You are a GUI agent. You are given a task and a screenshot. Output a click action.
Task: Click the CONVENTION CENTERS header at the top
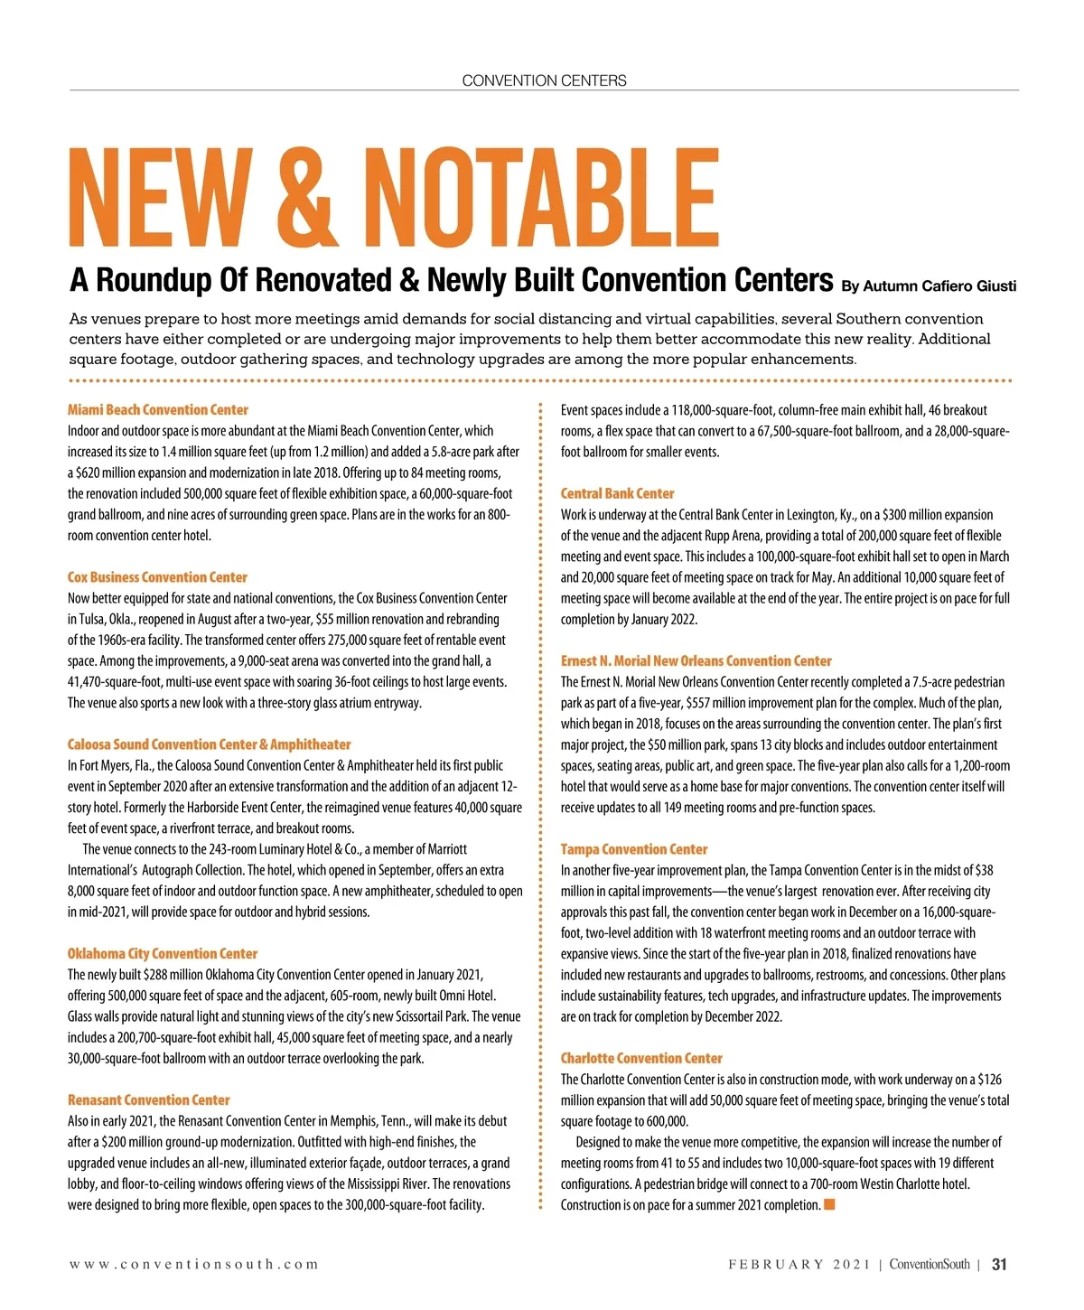544,80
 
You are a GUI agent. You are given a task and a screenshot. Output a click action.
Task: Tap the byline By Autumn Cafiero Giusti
929,286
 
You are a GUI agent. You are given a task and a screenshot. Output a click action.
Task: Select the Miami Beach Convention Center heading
158,410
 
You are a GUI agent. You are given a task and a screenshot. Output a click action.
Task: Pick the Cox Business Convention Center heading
157,577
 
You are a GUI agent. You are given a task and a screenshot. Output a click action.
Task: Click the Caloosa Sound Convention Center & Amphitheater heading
209,744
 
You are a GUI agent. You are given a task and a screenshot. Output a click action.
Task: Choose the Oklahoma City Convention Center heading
163,953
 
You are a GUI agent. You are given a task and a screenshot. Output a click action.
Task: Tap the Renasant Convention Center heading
149,1099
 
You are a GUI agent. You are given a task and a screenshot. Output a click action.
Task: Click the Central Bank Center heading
617,493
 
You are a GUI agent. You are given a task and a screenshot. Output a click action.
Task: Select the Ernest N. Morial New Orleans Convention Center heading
696,660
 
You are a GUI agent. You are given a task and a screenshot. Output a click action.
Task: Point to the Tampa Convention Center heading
633,849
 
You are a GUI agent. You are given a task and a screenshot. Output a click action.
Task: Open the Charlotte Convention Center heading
641,1058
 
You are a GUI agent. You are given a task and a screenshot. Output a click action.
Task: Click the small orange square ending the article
829,1204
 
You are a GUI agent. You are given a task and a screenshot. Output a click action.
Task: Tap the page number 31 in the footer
999,1265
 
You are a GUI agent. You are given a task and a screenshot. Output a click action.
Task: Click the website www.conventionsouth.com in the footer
194,1265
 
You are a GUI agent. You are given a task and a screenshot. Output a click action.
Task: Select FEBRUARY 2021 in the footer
799,1265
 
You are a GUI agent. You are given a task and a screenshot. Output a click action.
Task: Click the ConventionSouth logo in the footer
930,1265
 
